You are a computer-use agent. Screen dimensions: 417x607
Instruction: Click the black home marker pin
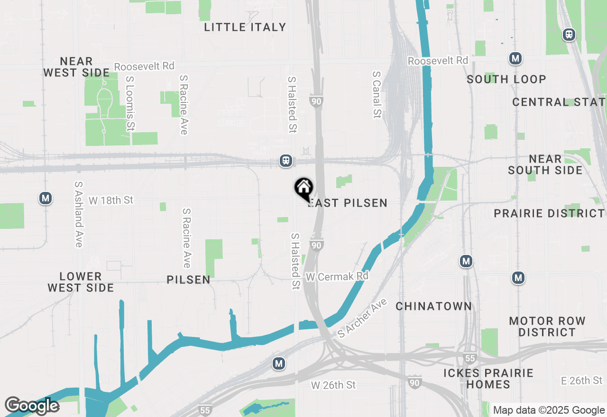tap(303, 188)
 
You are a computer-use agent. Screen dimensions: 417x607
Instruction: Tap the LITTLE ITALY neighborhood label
tap(245, 27)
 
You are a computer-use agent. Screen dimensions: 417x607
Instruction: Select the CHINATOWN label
tap(434, 307)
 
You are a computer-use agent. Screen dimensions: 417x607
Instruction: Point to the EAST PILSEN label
tap(348, 203)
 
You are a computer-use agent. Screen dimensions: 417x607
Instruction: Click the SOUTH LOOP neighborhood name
tap(506, 80)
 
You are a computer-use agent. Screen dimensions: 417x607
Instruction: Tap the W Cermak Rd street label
tap(337, 276)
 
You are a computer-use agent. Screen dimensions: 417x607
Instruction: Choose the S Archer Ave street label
tap(363, 318)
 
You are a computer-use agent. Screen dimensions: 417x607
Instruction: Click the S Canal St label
tap(377, 94)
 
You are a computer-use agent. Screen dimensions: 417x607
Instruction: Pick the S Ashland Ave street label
tap(79, 214)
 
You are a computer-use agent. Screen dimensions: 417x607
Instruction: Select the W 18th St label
tap(111, 200)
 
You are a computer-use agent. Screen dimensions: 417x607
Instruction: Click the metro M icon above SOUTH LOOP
tap(515, 59)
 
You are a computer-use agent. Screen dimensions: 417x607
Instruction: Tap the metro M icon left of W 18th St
tap(46, 198)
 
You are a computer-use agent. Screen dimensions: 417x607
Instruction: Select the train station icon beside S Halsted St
tap(286, 161)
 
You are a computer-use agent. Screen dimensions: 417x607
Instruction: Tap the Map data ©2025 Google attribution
tap(549, 410)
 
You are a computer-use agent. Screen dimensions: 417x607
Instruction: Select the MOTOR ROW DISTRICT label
tap(547, 327)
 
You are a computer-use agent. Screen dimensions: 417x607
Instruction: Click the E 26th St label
tap(581, 381)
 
